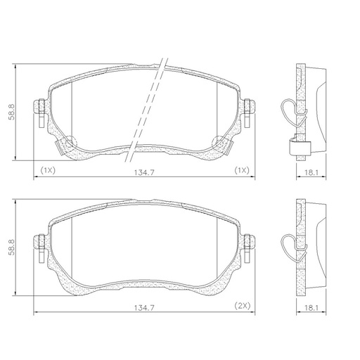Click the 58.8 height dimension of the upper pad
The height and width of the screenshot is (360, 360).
coord(11,112)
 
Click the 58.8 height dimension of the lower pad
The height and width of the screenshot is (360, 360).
coord(11,247)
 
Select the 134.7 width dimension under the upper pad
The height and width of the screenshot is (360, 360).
coord(144,172)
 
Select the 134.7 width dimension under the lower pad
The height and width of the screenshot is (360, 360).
coord(144,308)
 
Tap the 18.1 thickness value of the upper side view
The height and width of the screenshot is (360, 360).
coord(311,173)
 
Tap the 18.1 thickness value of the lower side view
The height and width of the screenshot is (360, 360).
coord(311,308)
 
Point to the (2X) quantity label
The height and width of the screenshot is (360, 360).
coord(243,306)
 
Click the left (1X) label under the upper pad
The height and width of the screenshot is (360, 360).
coord(48,170)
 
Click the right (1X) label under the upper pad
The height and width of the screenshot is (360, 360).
coord(242,170)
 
